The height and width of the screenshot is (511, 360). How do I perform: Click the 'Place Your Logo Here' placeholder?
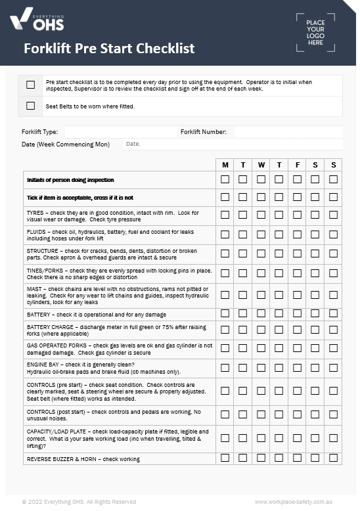pos(315,32)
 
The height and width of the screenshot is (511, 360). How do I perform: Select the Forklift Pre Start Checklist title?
pos(109,49)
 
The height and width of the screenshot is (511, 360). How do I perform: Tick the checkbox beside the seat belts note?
pos(30,106)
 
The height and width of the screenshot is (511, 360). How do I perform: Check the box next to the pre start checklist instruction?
pos(30,85)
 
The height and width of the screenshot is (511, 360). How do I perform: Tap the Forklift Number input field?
pos(288,132)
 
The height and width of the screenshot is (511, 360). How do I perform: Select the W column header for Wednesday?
pos(261,165)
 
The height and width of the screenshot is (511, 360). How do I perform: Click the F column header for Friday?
pos(297,165)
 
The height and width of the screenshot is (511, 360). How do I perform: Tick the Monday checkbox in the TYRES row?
pos(225,215)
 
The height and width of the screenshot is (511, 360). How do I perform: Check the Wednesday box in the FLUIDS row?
pos(261,234)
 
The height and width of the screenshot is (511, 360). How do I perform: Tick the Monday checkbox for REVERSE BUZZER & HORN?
pos(225,458)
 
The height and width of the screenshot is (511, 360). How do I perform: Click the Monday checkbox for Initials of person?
pos(225,179)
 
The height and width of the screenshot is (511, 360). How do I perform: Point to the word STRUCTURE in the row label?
pos(41,251)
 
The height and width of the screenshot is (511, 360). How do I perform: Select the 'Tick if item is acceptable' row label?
pos(79,198)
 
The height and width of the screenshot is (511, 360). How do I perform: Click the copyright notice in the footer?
pos(79,502)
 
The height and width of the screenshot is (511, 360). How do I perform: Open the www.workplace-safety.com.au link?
pos(293,502)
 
